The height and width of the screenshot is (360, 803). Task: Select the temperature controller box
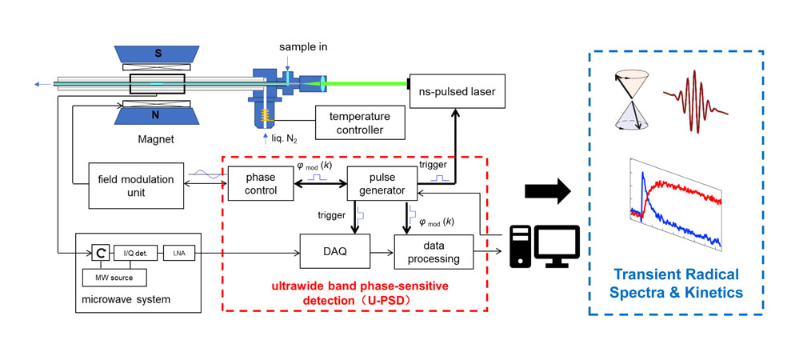tap(360, 122)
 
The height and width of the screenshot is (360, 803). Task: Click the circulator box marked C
tap(100, 253)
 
